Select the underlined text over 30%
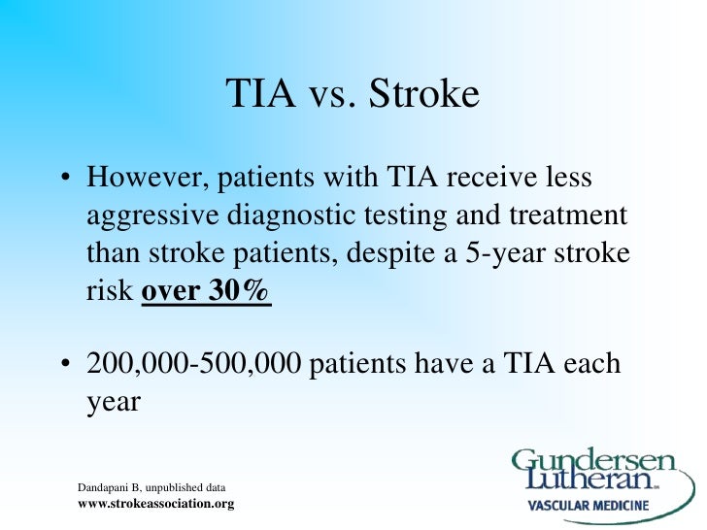[206, 290]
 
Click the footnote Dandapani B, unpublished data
[151, 487]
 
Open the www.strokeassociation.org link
[155, 504]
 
